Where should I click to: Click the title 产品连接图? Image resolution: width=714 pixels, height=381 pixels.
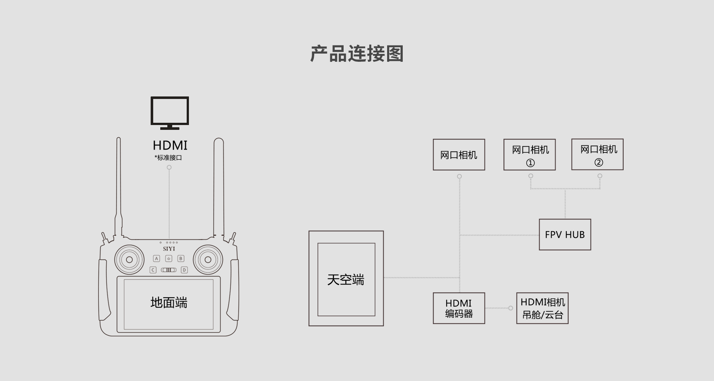click(357, 54)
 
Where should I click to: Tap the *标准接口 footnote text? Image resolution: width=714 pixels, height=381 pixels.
click(168, 158)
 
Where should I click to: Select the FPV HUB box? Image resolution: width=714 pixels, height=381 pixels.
click(565, 234)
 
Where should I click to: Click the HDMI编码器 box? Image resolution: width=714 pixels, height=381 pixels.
click(459, 308)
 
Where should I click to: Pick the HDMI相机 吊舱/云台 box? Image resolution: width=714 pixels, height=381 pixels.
click(542, 308)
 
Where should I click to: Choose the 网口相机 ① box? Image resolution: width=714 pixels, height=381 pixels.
click(530, 155)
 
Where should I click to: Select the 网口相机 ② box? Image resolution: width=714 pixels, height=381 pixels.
click(597, 154)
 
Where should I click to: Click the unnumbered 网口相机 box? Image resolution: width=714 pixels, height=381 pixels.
click(459, 155)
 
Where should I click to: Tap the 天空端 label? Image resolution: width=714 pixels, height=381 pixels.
click(345, 279)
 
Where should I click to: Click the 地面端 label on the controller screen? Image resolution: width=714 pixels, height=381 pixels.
click(169, 302)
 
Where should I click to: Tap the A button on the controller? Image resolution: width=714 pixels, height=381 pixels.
click(157, 258)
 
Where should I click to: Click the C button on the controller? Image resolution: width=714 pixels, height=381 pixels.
click(153, 270)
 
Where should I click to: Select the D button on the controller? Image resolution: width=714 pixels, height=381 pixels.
click(184, 270)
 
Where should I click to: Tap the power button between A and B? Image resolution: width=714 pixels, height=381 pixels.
click(168, 258)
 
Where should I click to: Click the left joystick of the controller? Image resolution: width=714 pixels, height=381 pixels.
click(129, 260)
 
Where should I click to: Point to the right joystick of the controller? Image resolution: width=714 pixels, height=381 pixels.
click(208, 260)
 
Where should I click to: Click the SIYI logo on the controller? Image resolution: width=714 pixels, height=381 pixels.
click(169, 249)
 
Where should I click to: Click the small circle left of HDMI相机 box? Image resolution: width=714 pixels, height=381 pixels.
click(511, 308)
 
